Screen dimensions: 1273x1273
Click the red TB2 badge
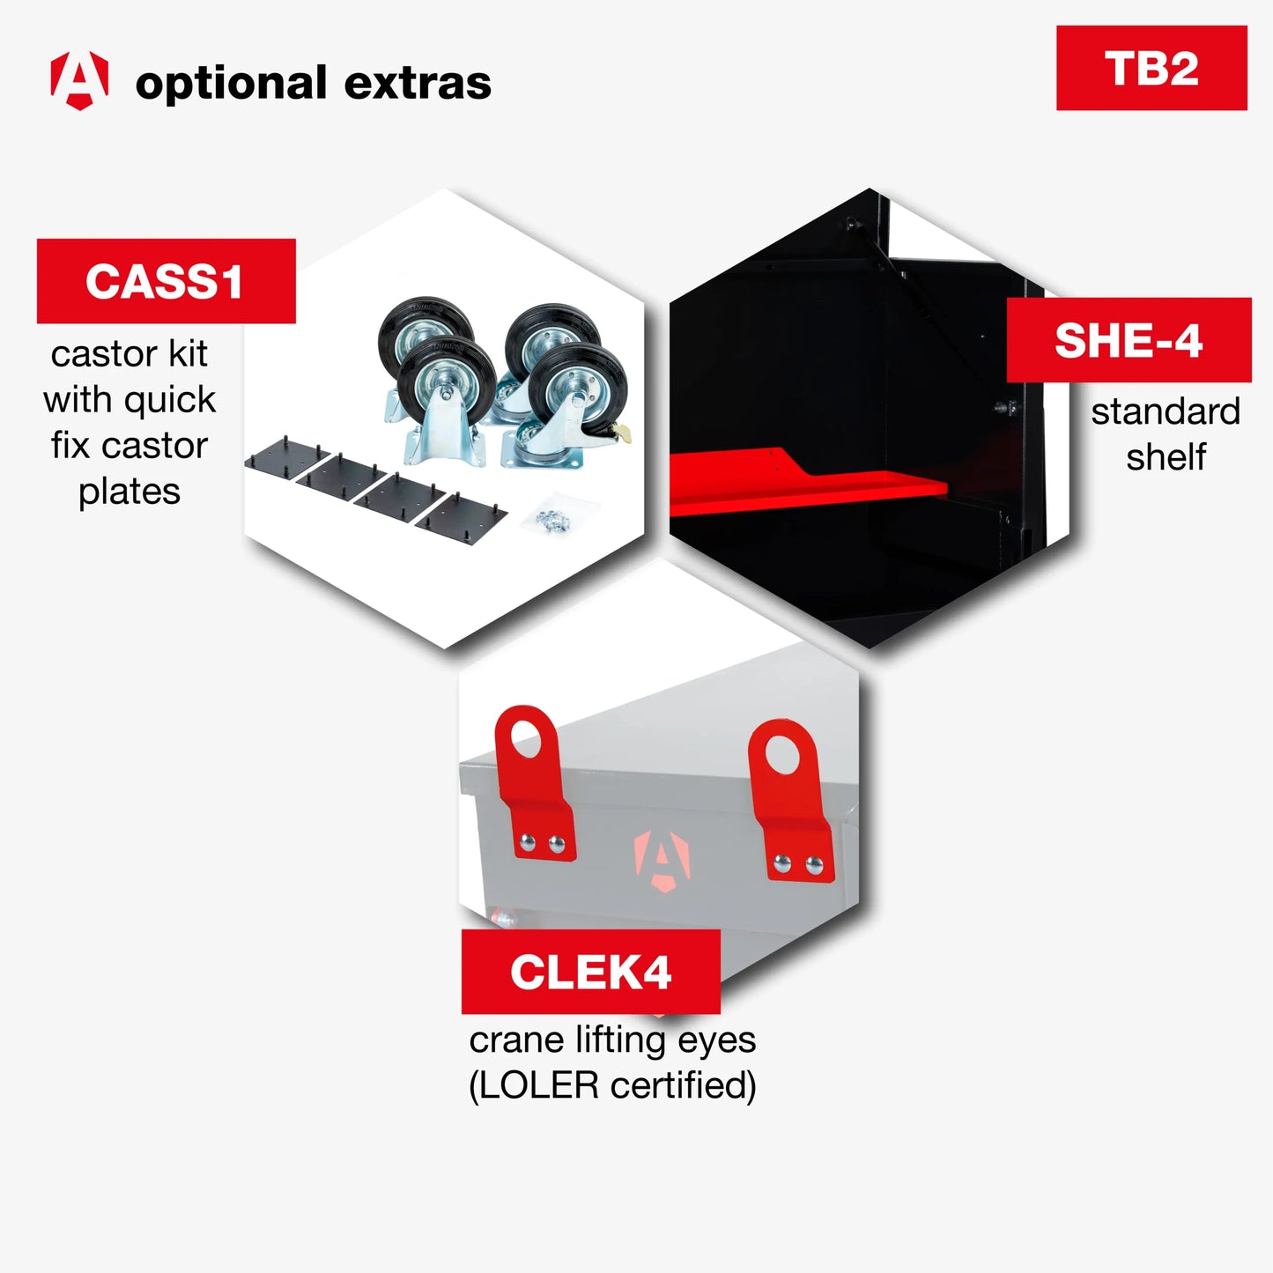pos(1151,68)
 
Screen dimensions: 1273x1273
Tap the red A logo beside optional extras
pos(79,80)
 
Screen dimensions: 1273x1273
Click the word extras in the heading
pos(418,83)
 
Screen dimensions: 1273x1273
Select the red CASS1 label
pos(166,281)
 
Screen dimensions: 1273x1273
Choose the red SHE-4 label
pos(1129,340)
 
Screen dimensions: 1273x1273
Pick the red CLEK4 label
pos(590,972)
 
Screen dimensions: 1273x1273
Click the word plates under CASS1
pos(130,492)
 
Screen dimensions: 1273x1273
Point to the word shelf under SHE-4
pos(1166,457)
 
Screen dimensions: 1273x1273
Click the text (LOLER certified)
pos(612,1085)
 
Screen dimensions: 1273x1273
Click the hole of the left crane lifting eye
pos(526,738)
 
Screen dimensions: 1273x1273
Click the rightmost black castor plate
pos(461,519)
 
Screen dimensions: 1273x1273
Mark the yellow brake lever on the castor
pos(622,433)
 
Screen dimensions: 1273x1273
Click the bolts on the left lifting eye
pos(543,842)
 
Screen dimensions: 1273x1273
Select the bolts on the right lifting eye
pos(798,863)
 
